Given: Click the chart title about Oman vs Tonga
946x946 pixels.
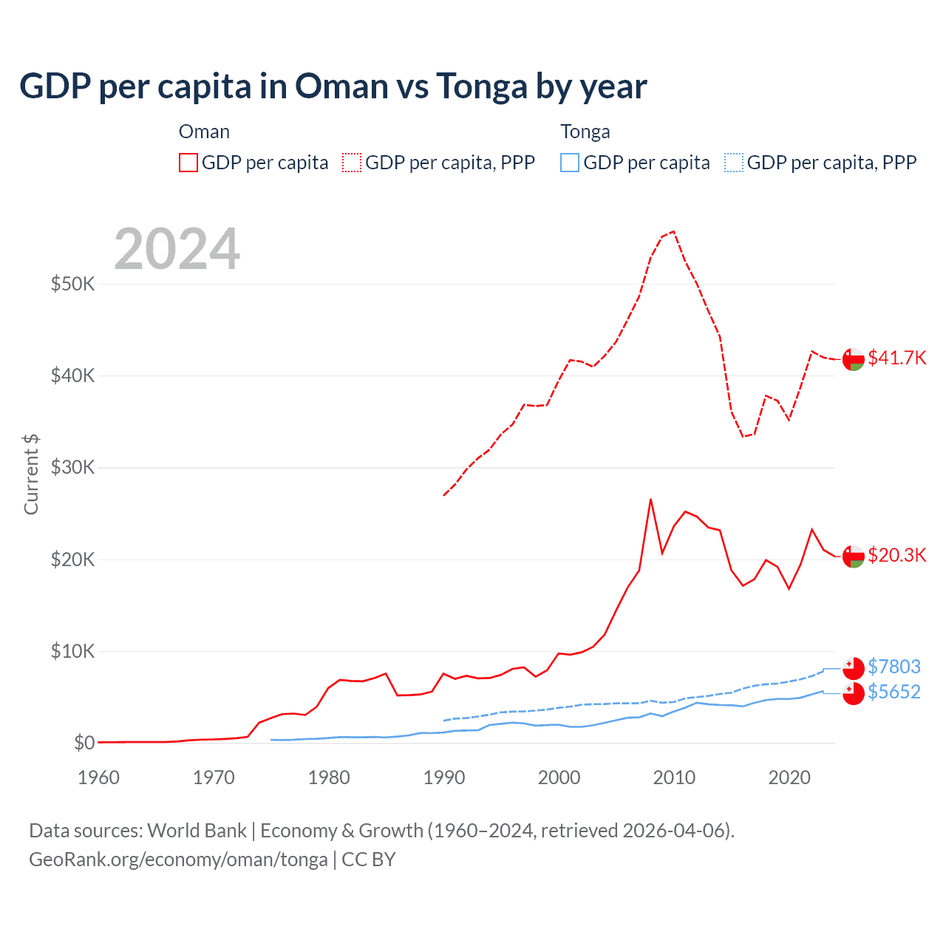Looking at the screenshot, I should (333, 86).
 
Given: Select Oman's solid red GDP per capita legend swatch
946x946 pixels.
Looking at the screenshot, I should (188, 163).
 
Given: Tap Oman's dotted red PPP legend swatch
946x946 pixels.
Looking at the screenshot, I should (352, 163).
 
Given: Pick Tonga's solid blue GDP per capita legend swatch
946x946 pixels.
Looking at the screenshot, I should (570, 163).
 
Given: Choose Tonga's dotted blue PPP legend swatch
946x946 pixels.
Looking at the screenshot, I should (734, 163).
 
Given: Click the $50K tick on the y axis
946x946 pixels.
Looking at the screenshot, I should (72, 284).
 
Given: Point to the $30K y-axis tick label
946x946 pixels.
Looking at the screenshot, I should (72, 467).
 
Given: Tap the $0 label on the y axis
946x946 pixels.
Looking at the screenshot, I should (84, 743).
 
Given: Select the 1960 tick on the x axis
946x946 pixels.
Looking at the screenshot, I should (98, 777).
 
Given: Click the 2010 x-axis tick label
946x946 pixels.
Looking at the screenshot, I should (674, 777).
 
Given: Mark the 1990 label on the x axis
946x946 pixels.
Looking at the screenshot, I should (444, 777).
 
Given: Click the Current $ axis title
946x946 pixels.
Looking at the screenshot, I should (31, 474).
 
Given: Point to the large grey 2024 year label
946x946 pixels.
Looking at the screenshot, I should (177, 249).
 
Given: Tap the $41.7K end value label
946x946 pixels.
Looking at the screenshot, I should (896, 358).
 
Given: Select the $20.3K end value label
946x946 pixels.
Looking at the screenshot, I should (896, 555).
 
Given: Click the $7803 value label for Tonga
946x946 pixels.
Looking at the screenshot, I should (894, 667).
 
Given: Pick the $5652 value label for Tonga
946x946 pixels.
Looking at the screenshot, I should (894, 693).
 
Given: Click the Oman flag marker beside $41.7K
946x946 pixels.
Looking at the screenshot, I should (854, 359).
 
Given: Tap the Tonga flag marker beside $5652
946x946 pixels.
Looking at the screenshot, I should (854, 694).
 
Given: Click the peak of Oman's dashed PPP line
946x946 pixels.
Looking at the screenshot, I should (673, 231).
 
